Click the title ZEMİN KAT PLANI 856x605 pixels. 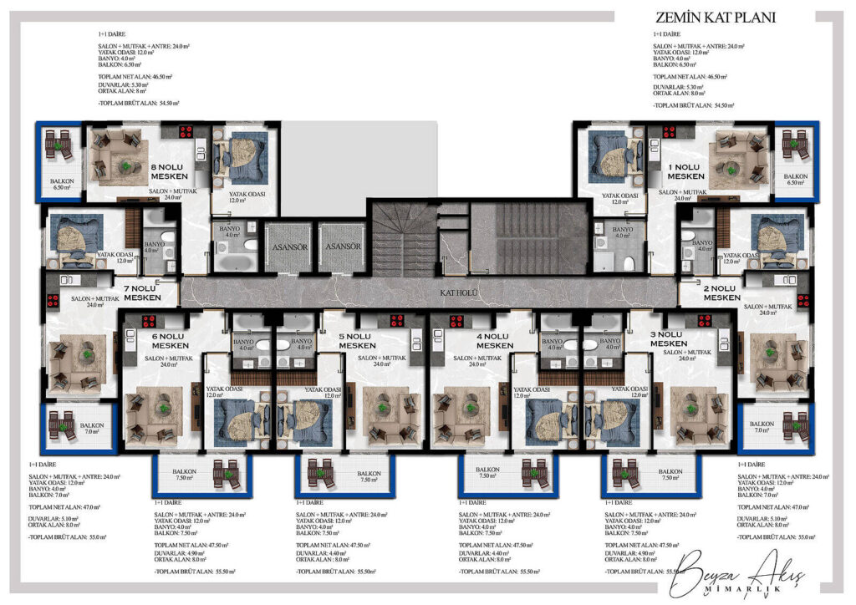pyautogui.click(x=716, y=18)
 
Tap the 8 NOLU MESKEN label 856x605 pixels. pyautogui.click(x=173, y=171)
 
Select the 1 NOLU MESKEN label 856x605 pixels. pyautogui.click(x=685, y=171)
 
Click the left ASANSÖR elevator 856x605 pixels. pyautogui.click(x=287, y=247)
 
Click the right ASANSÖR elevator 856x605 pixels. pyautogui.click(x=343, y=247)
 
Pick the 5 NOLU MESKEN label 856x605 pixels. pyautogui.click(x=357, y=341)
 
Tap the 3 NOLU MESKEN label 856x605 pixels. pyautogui.click(x=669, y=339)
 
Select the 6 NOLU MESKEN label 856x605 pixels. pyautogui.click(x=170, y=341)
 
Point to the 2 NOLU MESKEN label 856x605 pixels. pyautogui.click(x=721, y=293)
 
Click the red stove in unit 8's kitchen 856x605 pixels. pyautogui.click(x=186, y=131)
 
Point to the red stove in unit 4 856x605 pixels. pyautogui.click(x=456, y=320)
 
